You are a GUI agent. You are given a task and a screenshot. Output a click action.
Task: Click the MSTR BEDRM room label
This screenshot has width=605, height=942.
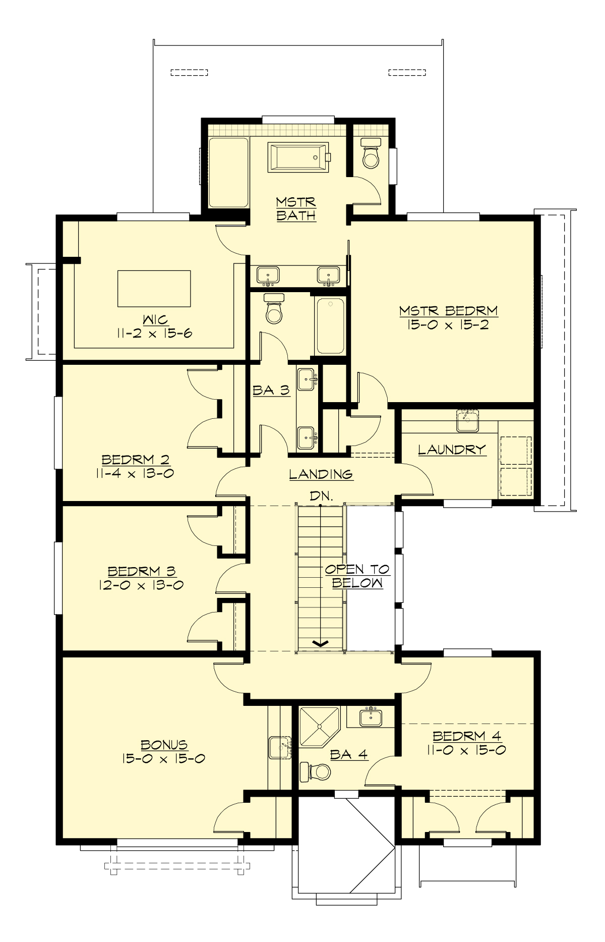[448, 311]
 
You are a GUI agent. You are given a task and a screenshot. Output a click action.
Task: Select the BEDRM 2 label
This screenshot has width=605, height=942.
[136, 460]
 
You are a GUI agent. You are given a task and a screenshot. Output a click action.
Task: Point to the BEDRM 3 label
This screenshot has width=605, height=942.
[142, 571]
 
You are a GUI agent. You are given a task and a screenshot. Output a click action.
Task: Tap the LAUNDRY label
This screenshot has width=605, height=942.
[452, 450]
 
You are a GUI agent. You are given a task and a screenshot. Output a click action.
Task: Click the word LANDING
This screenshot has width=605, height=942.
[321, 474]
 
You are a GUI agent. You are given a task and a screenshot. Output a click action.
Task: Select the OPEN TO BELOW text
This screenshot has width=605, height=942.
[357, 576]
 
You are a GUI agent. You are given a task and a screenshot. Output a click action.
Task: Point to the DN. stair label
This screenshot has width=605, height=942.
[321, 496]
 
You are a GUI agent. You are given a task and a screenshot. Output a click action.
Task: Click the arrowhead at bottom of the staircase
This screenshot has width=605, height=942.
[321, 643]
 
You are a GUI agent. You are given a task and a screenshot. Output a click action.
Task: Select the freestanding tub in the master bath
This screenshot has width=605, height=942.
[299, 157]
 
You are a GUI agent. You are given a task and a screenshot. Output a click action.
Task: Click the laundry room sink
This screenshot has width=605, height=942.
[467, 421]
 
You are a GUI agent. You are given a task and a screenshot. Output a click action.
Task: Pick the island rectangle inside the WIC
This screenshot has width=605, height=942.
[154, 289]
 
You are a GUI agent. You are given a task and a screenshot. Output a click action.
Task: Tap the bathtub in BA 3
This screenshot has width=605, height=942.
[330, 325]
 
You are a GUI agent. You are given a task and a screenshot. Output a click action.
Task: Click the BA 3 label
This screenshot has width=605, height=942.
[271, 390]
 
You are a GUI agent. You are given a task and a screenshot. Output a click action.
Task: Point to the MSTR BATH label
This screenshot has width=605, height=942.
[296, 208]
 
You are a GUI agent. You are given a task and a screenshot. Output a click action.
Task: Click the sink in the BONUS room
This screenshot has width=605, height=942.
[280, 747]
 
